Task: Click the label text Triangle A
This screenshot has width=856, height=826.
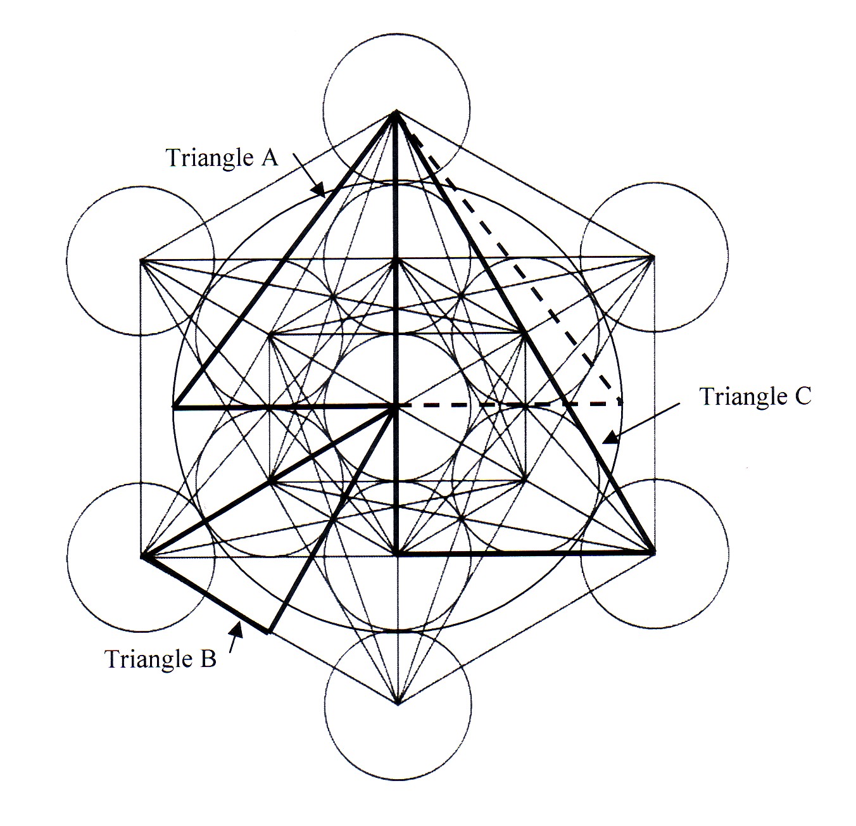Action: (222, 156)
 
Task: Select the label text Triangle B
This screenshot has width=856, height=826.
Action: (160, 659)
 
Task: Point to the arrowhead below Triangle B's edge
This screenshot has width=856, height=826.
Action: (239, 628)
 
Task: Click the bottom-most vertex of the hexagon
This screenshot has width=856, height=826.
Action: (398, 703)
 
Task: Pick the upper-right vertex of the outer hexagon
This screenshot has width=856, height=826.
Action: (653, 257)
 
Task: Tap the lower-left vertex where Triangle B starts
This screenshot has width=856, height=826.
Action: (142, 556)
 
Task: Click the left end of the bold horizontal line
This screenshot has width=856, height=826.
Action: (174, 406)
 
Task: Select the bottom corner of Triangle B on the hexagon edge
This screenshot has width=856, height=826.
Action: (268, 632)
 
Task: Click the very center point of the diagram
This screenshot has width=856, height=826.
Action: (396, 406)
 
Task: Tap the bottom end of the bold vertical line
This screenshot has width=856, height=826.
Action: (396, 554)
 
